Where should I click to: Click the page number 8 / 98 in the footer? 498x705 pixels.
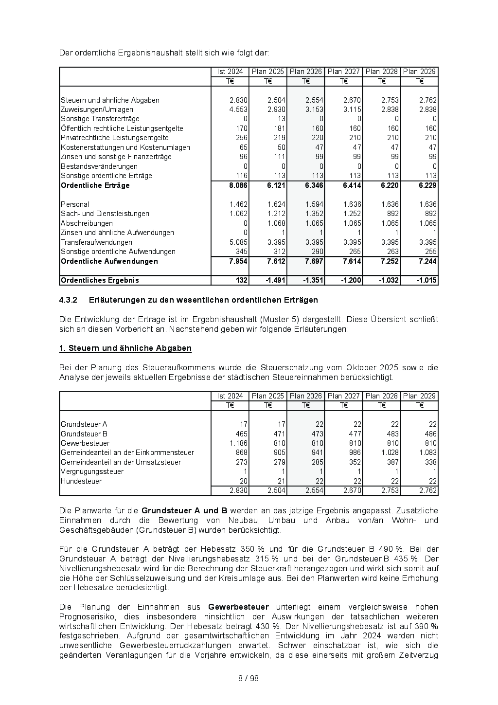(x=249, y=678)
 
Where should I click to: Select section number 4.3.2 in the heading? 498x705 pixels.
(x=69, y=300)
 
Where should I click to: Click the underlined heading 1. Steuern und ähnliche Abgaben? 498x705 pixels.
(x=125, y=348)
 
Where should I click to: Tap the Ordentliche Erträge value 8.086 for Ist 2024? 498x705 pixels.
(x=238, y=185)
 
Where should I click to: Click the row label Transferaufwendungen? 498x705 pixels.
(x=96, y=242)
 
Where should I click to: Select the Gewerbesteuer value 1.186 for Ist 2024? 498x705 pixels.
(x=239, y=443)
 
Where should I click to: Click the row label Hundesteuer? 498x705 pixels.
(x=81, y=481)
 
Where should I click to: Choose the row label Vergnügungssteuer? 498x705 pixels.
(x=92, y=471)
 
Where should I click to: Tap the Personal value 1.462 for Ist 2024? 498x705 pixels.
(x=239, y=204)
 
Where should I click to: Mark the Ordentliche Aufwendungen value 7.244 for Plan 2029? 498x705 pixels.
(x=427, y=261)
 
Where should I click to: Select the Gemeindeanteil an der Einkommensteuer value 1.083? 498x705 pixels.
(x=427, y=452)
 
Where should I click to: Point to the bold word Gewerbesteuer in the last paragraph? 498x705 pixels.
(x=238, y=607)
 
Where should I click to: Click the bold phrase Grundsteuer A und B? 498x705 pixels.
(x=184, y=511)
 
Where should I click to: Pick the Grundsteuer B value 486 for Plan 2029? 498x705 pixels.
(x=430, y=434)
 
